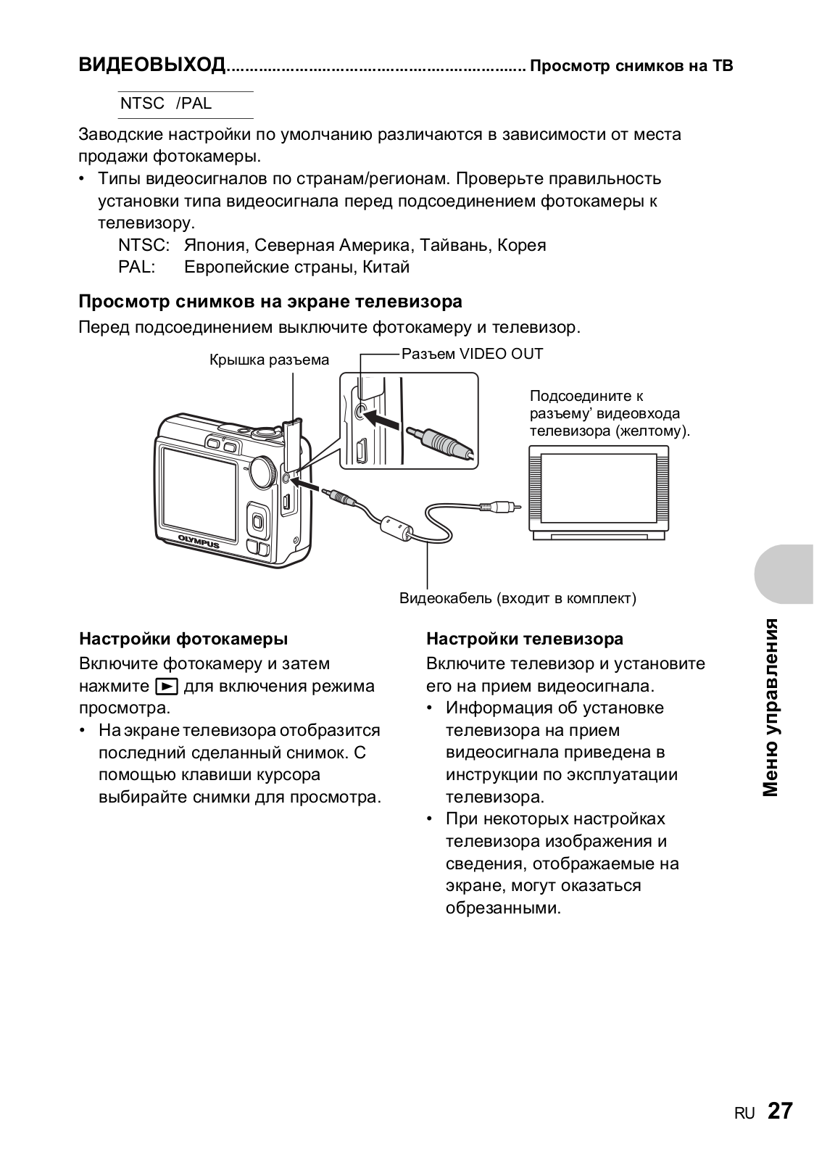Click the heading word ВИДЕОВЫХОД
152,66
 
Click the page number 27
780,1111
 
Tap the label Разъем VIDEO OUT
472,354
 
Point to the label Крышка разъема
269,360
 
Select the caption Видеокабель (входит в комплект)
518,598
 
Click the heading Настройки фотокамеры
183,639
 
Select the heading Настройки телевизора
525,639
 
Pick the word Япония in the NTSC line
215,245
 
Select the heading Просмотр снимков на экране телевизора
270,301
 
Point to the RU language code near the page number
744,1114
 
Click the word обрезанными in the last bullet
503,908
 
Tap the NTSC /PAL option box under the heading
186,104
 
